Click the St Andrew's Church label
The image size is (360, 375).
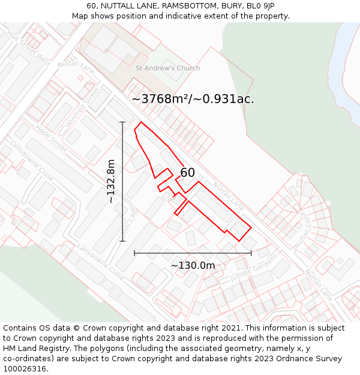(168, 68)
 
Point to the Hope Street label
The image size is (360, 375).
(50, 137)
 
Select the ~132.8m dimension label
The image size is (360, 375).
(110, 181)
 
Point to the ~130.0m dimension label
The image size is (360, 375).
(193, 265)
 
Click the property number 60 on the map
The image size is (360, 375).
(188, 173)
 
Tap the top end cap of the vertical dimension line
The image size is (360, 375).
(122, 122)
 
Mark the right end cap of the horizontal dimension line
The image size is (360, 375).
(251, 253)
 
